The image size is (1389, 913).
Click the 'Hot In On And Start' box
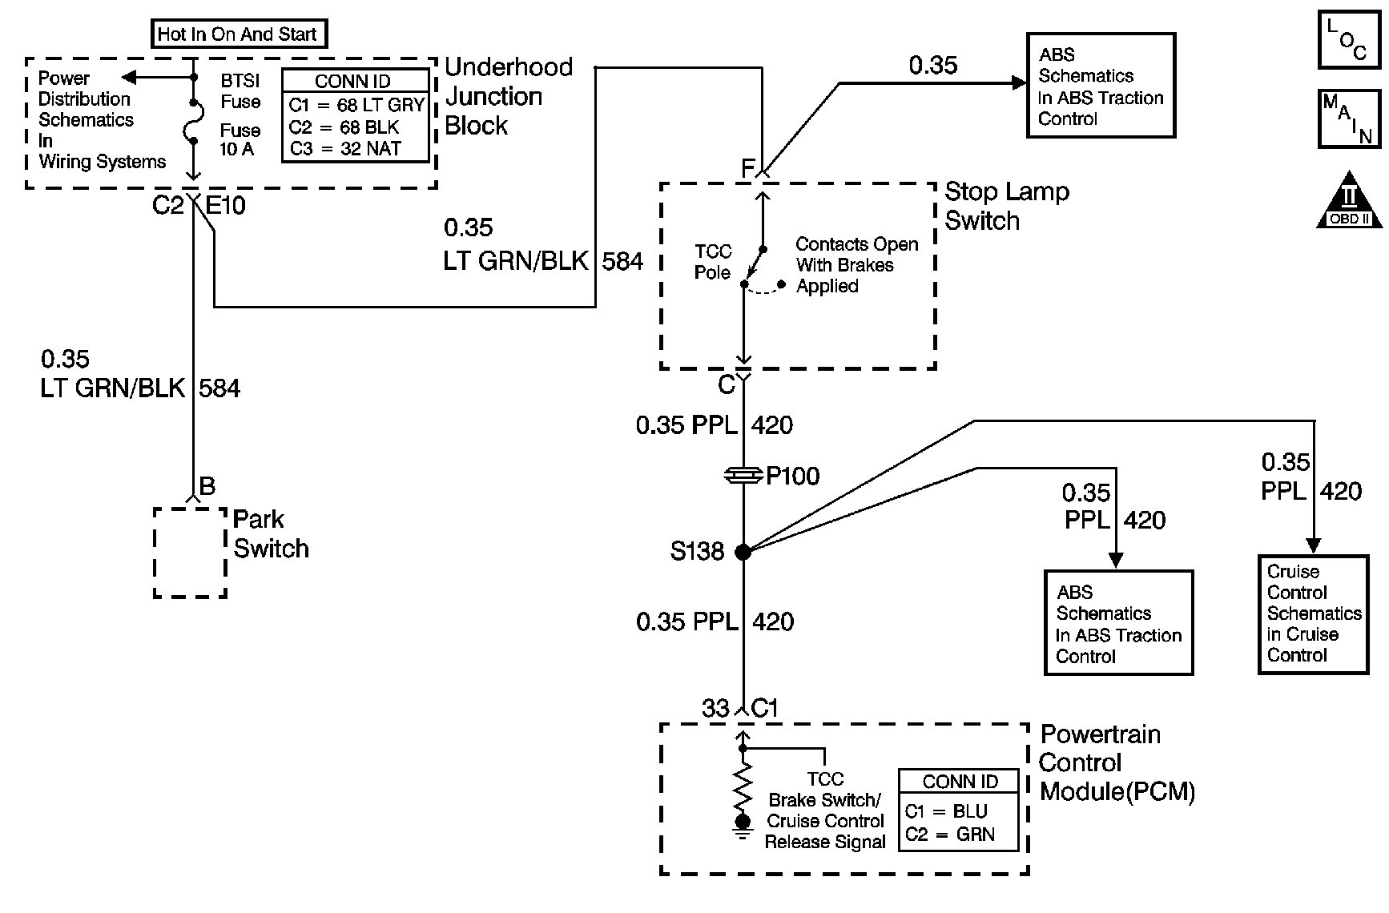(239, 34)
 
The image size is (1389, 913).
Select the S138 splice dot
(743, 551)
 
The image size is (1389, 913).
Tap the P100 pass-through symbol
(743, 476)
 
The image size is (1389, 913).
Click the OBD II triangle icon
(1350, 199)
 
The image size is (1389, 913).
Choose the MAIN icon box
(1350, 119)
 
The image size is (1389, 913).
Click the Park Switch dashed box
(190, 553)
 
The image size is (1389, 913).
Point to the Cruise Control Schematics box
(1313, 613)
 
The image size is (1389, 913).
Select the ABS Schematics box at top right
(1101, 86)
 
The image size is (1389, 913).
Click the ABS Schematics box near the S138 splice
(1118, 623)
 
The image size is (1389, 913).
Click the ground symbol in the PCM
(743, 827)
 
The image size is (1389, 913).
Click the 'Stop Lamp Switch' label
(1006, 206)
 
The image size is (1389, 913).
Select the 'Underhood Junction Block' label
(509, 96)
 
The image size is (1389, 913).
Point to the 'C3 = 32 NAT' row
(345, 149)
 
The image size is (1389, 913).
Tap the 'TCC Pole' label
(713, 262)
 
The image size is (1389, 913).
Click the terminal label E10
(226, 206)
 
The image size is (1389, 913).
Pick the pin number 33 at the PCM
(715, 709)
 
